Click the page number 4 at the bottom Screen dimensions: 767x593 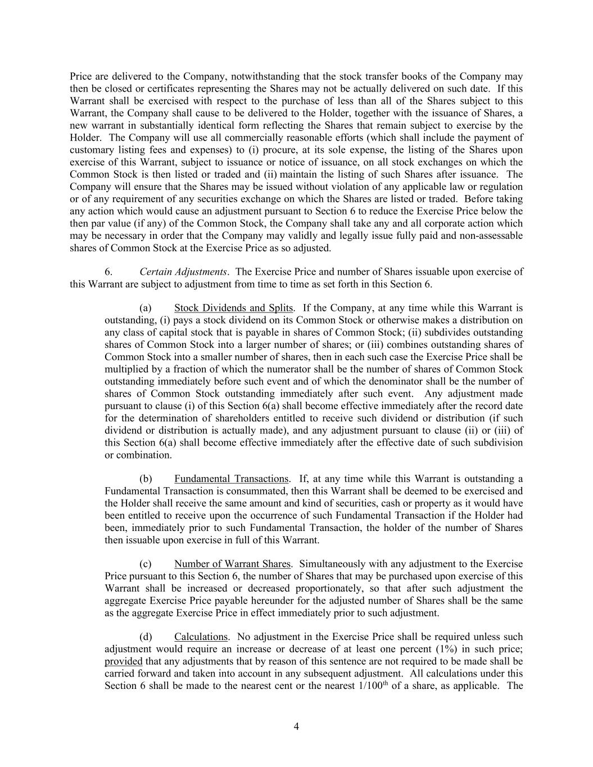[x=296, y=727]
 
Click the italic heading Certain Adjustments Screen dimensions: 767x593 [x=183, y=272]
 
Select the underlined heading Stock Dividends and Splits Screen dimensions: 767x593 [x=233, y=308]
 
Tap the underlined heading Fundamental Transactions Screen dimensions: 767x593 [x=231, y=479]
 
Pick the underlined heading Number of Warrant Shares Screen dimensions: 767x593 [x=232, y=564]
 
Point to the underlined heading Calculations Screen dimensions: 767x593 [x=201, y=637]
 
